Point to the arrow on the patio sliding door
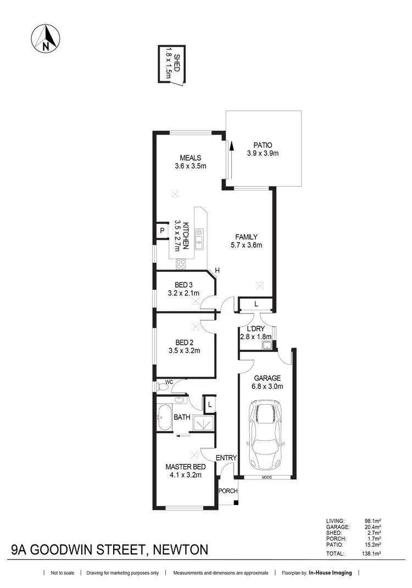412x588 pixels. pos(232,147)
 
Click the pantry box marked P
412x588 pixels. pos(162,231)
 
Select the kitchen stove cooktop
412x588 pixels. pos(180,265)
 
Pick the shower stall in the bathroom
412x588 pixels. pos(202,422)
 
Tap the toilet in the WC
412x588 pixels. pos(161,387)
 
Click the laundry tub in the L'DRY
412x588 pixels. pos(267,345)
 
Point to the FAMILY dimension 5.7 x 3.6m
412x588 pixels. pos(245,245)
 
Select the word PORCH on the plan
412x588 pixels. pos(227,490)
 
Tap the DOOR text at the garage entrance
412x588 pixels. pos(265,478)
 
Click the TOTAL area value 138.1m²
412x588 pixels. pos(372,555)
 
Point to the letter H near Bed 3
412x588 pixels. pos(218,270)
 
